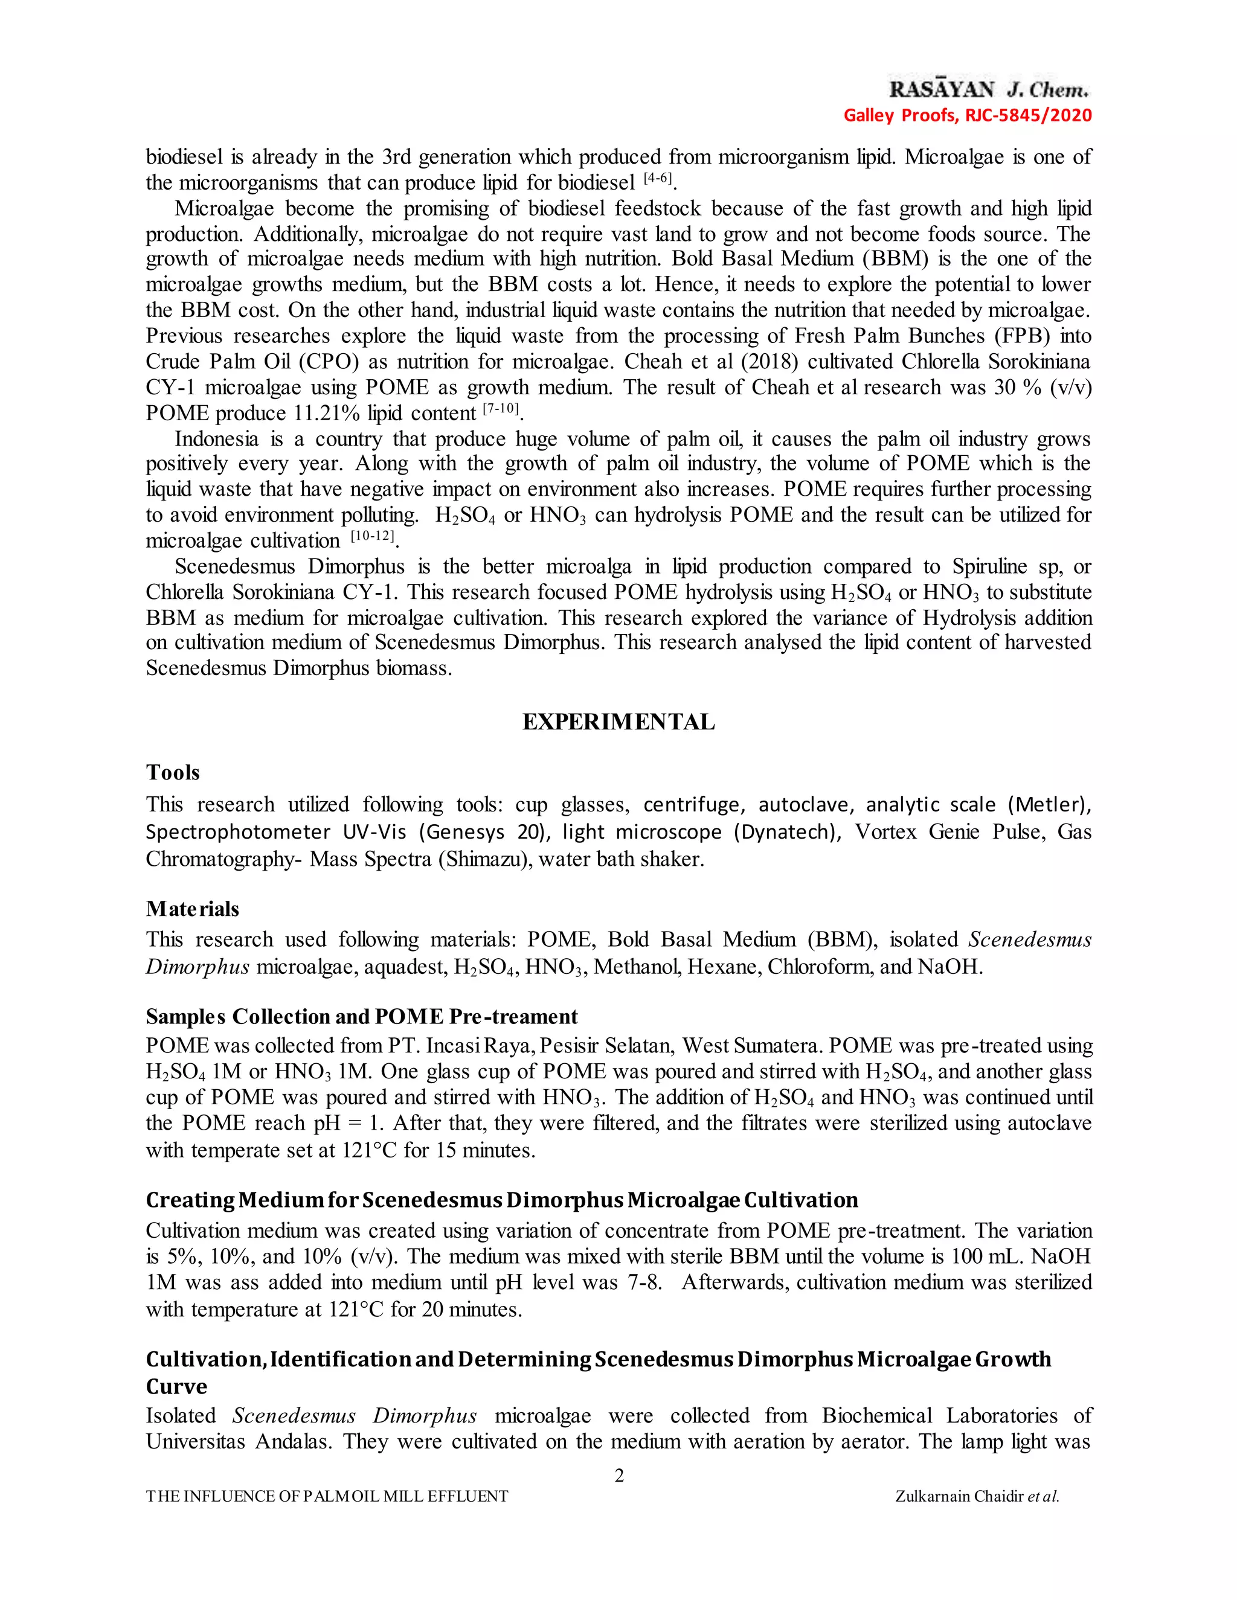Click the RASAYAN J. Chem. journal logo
pyautogui.click(x=989, y=90)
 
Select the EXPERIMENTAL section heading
pyautogui.click(x=618, y=722)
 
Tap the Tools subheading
pyautogui.click(x=172, y=772)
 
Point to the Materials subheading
pyautogui.click(x=192, y=909)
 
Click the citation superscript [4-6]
pyautogui.click(x=657, y=178)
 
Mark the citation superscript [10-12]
pyautogui.click(x=374, y=536)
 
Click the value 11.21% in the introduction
pyautogui.click(x=326, y=413)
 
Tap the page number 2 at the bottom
pyautogui.click(x=618, y=1476)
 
